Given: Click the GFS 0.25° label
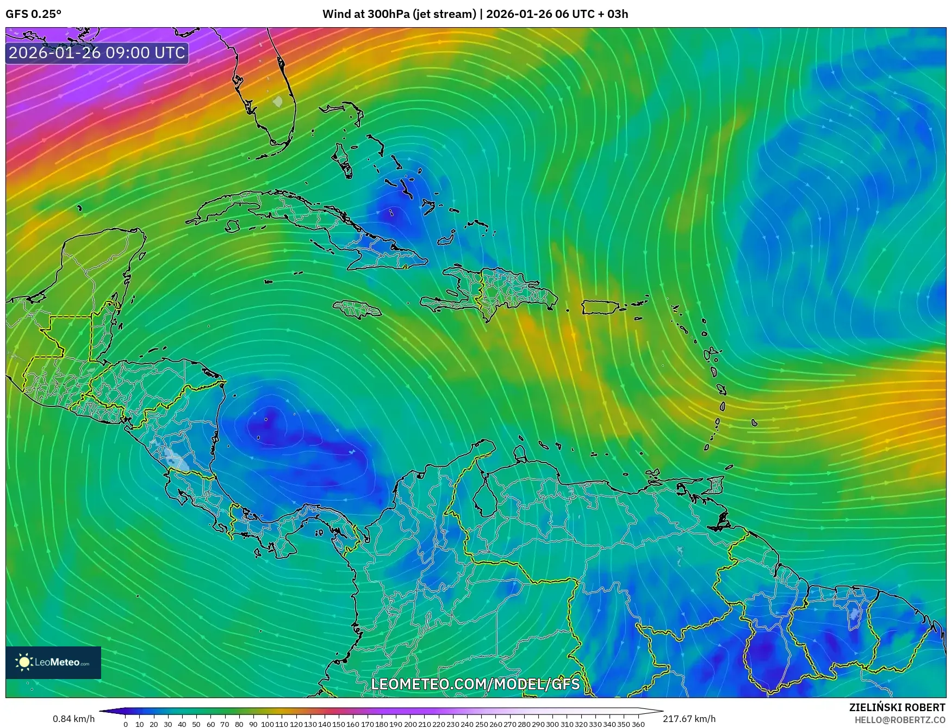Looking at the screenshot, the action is [33, 14].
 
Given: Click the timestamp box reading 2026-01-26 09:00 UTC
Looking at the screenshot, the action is [97, 53].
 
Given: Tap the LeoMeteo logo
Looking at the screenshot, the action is [53, 662].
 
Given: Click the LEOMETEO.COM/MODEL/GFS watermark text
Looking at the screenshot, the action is [475, 684].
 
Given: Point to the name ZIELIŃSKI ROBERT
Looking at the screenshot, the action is [897, 707].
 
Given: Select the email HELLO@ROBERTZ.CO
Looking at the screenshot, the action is [899, 720].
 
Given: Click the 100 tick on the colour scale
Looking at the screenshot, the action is [268, 724].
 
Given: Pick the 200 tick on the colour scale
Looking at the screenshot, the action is [410, 724].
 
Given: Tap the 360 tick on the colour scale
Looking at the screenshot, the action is [638, 724].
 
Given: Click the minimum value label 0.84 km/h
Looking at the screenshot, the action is [73, 719].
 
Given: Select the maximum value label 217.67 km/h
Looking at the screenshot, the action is [689, 719].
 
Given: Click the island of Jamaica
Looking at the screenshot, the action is [357, 310].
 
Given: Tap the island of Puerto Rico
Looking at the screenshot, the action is [600, 307].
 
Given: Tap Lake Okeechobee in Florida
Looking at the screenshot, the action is [278, 101].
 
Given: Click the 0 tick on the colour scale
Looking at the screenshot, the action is [126, 724].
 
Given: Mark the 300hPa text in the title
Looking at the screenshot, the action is [388, 14].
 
